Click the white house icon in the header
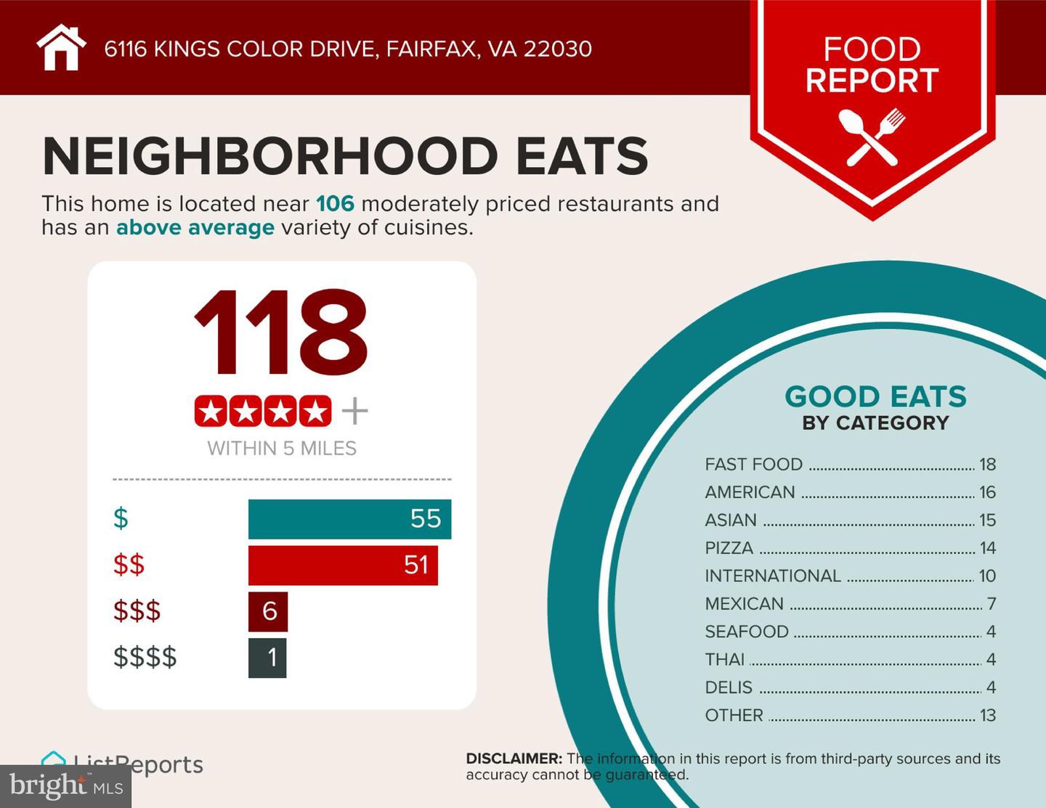pyautogui.click(x=61, y=48)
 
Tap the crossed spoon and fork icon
pyautogui.click(x=872, y=136)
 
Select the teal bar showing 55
pyautogui.click(x=349, y=519)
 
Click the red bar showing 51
pyautogui.click(x=343, y=565)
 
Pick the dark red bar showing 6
pyautogui.click(x=268, y=611)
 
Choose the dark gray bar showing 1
pyautogui.click(x=267, y=658)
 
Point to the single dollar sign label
pyautogui.click(x=121, y=518)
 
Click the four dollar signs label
pyautogui.click(x=145, y=657)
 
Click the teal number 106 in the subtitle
pyautogui.click(x=335, y=203)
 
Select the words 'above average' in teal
pyautogui.click(x=195, y=227)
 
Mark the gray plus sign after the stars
pyautogui.click(x=355, y=412)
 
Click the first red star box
pyautogui.click(x=211, y=412)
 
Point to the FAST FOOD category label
pyautogui.click(x=753, y=464)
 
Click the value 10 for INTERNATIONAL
pyautogui.click(x=987, y=576)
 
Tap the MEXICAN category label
pyautogui.click(x=744, y=603)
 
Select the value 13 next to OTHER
pyautogui.click(x=987, y=715)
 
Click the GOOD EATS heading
pyautogui.click(x=875, y=396)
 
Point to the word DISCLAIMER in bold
pyautogui.click(x=514, y=759)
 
